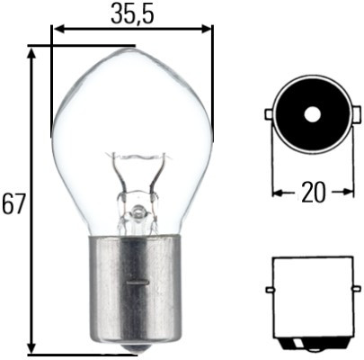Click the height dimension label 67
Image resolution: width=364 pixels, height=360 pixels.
(x=13, y=203)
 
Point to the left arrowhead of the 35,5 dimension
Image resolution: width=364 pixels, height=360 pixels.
(x=58, y=29)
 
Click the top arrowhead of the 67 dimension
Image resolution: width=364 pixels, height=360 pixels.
(x=33, y=52)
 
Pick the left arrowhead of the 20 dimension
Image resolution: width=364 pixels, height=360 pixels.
(x=277, y=192)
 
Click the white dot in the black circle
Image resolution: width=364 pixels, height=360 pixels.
(x=311, y=114)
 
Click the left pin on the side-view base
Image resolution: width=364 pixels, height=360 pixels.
(x=269, y=290)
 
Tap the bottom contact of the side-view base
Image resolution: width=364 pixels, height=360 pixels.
(x=312, y=343)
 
